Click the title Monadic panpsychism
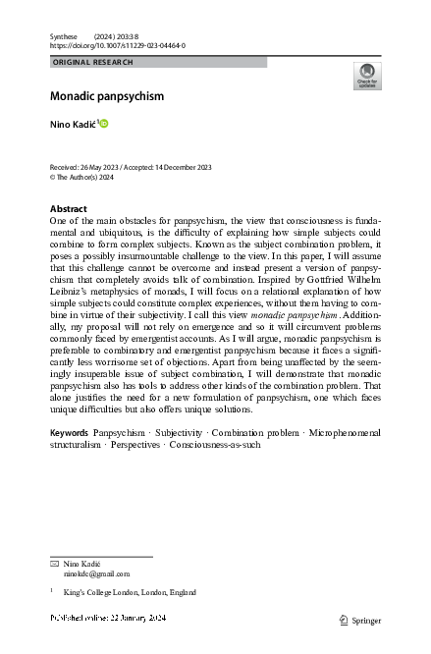(x=107, y=96)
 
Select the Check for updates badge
(x=366, y=76)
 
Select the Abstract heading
(x=69, y=209)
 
